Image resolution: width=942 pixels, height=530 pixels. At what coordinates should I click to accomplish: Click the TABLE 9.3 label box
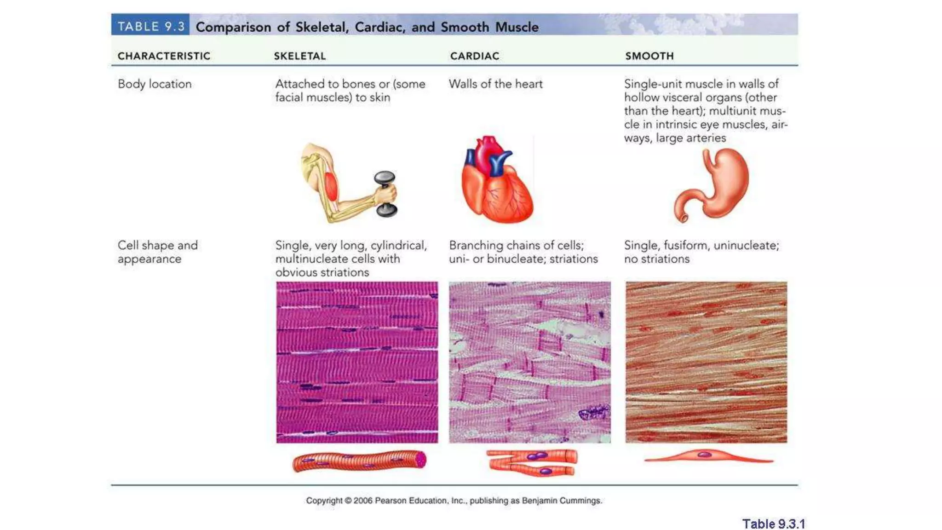pos(150,26)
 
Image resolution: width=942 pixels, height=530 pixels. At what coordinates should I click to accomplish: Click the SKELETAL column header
pos(300,56)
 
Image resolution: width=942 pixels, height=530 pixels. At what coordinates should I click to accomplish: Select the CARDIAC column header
pos(474,56)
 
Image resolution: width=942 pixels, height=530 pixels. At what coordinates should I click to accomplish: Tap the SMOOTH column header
pos(649,56)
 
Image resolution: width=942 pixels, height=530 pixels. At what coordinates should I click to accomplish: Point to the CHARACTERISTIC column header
pos(164,56)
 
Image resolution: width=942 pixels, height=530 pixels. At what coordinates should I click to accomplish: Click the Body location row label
pos(155,84)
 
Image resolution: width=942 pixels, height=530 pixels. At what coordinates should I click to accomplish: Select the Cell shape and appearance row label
pos(157,252)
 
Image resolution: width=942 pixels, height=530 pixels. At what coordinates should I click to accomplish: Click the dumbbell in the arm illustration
pos(385,194)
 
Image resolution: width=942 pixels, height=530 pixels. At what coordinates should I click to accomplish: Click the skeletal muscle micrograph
pos(357,362)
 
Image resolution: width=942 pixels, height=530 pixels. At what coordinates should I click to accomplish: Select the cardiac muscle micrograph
pos(530,362)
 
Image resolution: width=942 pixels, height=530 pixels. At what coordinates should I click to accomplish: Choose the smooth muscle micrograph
pos(706,362)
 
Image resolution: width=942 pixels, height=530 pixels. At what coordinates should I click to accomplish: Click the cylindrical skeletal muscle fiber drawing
pos(359,461)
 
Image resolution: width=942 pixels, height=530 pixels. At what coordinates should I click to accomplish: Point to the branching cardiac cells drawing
pos(532,462)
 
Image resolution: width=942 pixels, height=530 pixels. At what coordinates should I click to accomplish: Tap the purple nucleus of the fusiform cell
pos(704,455)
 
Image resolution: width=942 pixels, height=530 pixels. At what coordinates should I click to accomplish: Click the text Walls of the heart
pos(495,84)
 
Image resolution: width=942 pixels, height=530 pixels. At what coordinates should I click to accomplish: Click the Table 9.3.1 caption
pos(773,524)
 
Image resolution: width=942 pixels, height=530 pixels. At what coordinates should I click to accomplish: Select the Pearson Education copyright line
pos(454,501)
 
